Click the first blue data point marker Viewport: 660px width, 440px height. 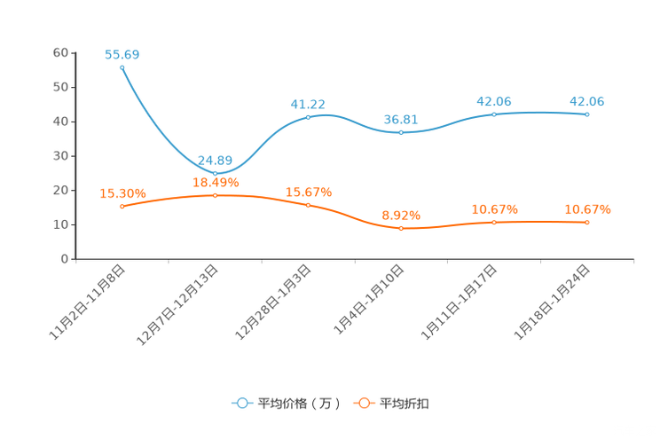point(122,67)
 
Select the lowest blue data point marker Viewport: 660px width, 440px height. point(215,173)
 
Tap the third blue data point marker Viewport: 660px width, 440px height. point(308,117)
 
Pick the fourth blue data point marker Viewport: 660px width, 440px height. point(401,132)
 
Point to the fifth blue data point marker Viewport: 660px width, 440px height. point(494,114)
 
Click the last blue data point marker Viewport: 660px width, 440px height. point(587,114)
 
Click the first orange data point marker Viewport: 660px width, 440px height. point(122,206)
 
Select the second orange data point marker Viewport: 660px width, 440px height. point(215,194)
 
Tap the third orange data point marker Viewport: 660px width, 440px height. point(308,204)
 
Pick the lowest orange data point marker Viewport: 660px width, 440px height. point(401,228)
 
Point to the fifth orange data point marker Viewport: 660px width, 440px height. point(494,222)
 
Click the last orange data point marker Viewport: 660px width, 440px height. point(587,222)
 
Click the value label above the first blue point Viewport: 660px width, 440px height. point(122,54)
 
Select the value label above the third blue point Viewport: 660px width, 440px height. point(308,103)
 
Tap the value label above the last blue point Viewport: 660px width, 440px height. point(587,101)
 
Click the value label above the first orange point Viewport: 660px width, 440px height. point(122,192)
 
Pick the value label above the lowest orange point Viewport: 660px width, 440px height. point(401,214)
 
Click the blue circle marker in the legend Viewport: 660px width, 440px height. point(241,403)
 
